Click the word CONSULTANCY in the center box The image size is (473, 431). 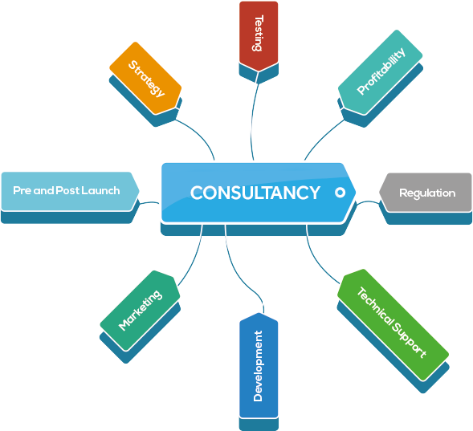[255, 193]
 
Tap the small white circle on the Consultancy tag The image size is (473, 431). [340, 193]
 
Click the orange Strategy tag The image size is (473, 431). [145, 78]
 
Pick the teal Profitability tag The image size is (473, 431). [380, 72]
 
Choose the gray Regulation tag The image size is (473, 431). [426, 193]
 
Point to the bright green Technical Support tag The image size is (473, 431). [393, 325]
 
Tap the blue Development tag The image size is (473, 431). [259, 365]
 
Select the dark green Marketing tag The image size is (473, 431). [140, 311]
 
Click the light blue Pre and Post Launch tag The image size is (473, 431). [70, 191]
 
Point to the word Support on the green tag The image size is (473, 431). [410, 340]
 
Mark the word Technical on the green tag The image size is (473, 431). [375, 307]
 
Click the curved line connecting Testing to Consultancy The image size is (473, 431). [253, 120]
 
